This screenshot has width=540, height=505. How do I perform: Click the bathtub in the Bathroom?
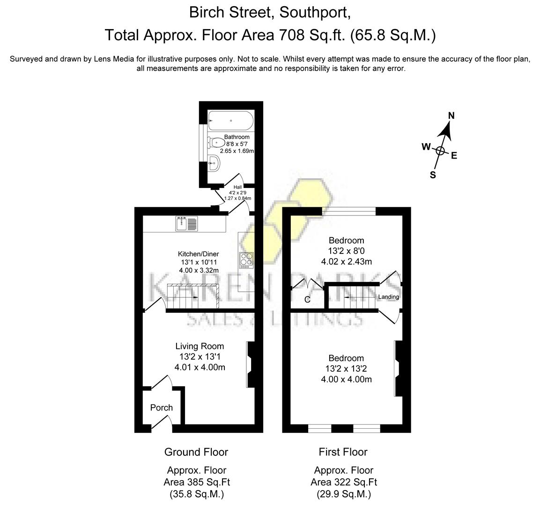[230, 121]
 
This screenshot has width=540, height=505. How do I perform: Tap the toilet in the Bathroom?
[217, 142]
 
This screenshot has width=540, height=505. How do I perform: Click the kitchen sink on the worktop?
[187, 224]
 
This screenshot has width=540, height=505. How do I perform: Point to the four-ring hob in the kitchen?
[246, 260]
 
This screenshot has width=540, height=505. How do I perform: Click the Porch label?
[161, 408]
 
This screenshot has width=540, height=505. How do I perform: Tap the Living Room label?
[200, 346]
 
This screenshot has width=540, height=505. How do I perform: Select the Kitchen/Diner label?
[200, 254]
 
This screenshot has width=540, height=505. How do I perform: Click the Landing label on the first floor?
[388, 297]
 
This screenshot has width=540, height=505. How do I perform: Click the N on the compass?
[451, 116]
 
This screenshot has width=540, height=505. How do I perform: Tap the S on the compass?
[433, 175]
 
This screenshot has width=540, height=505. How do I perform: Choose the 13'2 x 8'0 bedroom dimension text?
[346, 251]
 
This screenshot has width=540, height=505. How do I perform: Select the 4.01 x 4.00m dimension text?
[200, 368]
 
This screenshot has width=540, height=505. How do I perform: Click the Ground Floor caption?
[196, 452]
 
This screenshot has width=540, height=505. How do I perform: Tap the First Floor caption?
[343, 452]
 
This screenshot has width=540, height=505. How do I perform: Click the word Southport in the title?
[315, 13]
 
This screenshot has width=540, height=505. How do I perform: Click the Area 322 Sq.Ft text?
[343, 482]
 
